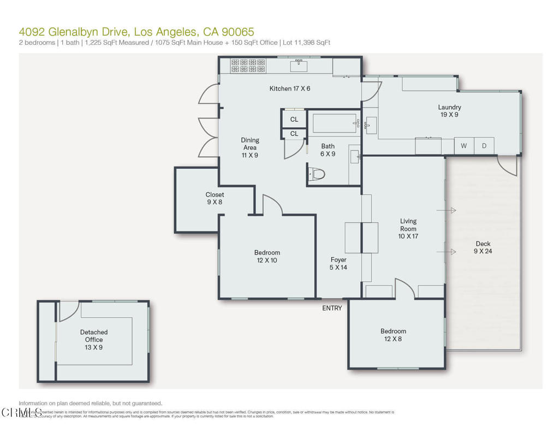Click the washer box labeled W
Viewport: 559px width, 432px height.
tap(463, 146)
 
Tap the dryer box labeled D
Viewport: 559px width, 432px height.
tap(484, 146)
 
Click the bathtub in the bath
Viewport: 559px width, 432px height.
tap(334, 123)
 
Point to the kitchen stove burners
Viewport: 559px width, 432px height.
tap(248, 66)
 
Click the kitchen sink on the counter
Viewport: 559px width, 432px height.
tap(298, 67)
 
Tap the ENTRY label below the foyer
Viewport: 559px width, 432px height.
tap(332, 309)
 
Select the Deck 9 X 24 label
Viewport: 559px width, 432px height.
tap(482, 248)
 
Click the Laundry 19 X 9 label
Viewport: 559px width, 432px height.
tap(449, 111)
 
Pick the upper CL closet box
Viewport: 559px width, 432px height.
tap(294, 119)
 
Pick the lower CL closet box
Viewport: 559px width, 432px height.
tap(294, 134)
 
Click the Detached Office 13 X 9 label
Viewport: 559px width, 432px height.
tap(94, 339)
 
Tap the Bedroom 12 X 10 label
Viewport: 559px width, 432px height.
tap(267, 256)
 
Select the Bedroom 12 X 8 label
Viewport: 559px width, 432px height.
tap(393, 335)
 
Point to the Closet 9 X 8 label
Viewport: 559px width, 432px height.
tap(215, 198)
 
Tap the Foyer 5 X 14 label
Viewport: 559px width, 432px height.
tap(338, 263)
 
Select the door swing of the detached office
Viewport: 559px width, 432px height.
tap(69, 311)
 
